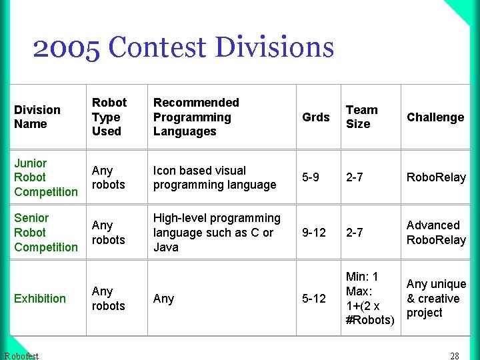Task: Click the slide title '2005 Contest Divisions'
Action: pyautogui.click(x=183, y=48)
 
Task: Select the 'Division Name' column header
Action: pyautogui.click(x=37, y=117)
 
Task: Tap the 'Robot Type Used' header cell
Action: pyautogui.click(x=109, y=117)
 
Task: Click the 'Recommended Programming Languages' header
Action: pyautogui.click(x=196, y=117)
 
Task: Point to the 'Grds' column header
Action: pyautogui.click(x=315, y=117)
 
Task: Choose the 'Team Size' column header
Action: pyautogui.click(x=361, y=117)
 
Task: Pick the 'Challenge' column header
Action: pyautogui.click(x=435, y=117)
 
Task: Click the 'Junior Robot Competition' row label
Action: pyautogui.click(x=45, y=177)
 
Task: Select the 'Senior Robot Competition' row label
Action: pyautogui.click(x=45, y=232)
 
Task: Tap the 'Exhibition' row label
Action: pyautogui.click(x=40, y=298)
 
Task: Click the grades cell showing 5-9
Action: pyautogui.click(x=311, y=178)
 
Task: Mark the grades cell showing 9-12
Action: pyautogui.click(x=314, y=233)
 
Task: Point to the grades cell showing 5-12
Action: pyautogui.click(x=314, y=299)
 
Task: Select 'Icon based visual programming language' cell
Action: pyautogui.click(x=215, y=178)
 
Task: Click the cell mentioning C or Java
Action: pyautogui.click(x=217, y=233)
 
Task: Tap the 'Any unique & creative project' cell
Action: pyautogui.click(x=436, y=298)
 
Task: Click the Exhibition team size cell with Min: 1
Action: pyautogui.click(x=370, y=298)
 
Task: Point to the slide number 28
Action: pyautogui.click(x=455, y=355)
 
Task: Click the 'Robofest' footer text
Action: pyautogui.click(x=21, y=355)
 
